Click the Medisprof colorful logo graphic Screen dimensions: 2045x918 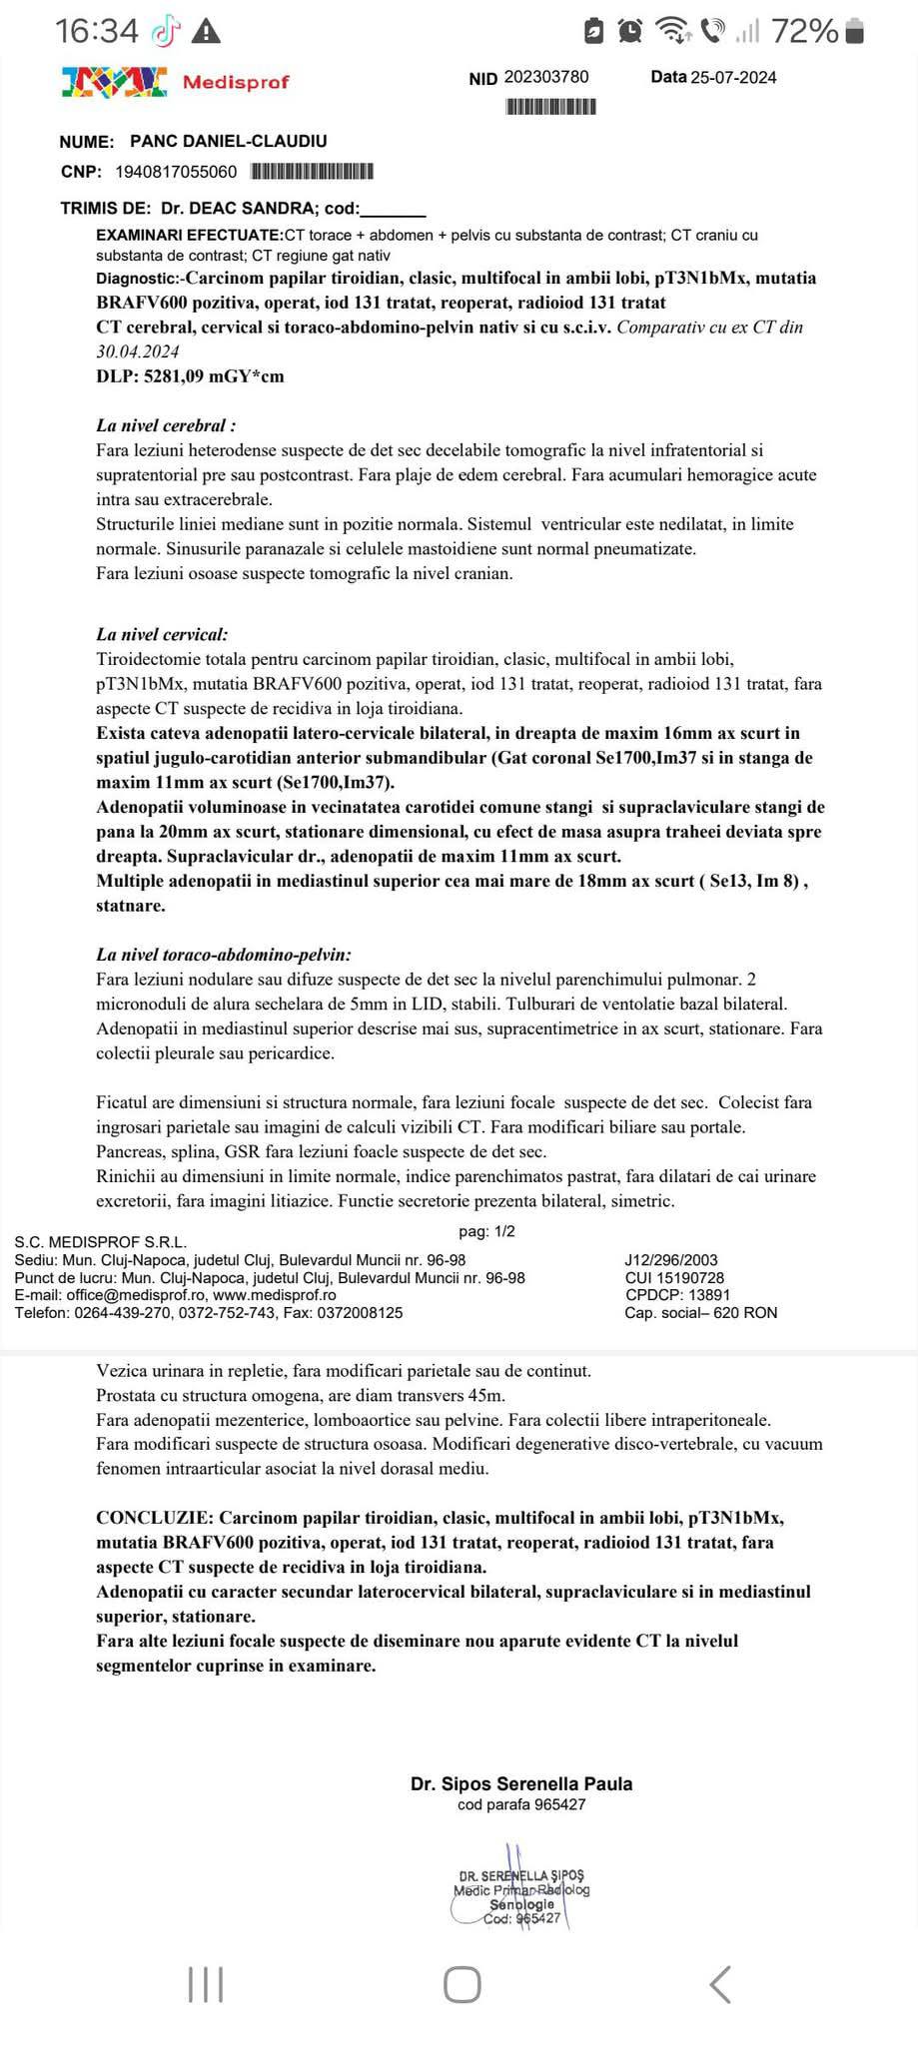(x=113, y=82)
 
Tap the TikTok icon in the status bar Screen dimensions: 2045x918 (x=165, y=32)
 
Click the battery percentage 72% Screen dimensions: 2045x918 (x=804, y=32)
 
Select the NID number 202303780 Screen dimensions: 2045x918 (x=546, y=77)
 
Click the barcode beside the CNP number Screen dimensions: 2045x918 (x=311, y=172)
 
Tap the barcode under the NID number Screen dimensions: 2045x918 (x=551, y=106)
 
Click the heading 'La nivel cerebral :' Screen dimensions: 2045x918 (x=166, y=425)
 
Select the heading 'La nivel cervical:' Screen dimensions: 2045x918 (x=162, y=634)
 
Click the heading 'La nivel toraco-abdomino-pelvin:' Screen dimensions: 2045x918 (x=224, y=955)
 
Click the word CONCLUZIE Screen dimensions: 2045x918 (x=153, y=1518)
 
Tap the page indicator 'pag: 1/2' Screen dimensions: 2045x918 (x=486, y=1231)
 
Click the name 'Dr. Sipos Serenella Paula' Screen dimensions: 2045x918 (x=520, y=1783)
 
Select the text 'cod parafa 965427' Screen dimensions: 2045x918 (x=520, y=1804)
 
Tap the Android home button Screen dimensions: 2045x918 (x=461, y=1985)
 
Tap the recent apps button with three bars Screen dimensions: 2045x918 (x=206, y=1985)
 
